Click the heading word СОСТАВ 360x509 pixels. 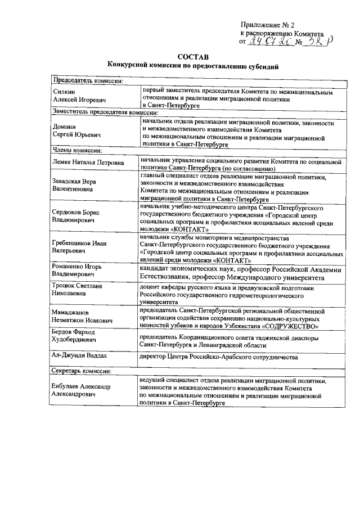pyautogui.click(x=192, y=57)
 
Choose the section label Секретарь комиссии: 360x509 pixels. pyautogui.click(x=83, y=371)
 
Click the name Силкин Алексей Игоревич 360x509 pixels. pyautogui.click(x=73, y=96)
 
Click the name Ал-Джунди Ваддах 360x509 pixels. pyautogui.click(x=79, y=357)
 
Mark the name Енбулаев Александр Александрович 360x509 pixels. pyautogui.click(x=81, y=391)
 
